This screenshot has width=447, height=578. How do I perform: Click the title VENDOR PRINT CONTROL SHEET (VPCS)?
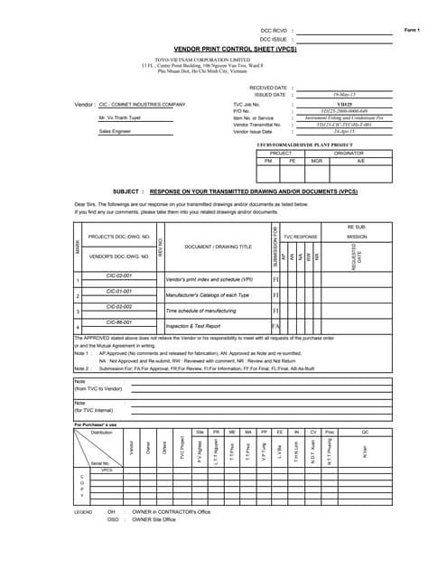pos(235,51)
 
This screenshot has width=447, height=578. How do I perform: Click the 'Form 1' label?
pos(412,31)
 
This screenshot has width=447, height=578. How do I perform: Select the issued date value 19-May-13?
pos(343,95)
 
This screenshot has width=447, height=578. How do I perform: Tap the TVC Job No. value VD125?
pos(343,105)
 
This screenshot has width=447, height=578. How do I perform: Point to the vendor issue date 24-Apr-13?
pos(343,132)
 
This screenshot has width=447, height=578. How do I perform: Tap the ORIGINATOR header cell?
pos(349,154)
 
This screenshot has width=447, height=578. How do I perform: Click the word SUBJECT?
pos(126,192)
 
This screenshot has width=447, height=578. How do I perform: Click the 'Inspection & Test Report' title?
pos(193,326)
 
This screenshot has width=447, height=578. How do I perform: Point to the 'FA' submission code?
pos(276,326)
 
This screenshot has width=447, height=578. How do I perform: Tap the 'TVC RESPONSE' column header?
pos(301,237)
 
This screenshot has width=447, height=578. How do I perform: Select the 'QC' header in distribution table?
pos(366,433)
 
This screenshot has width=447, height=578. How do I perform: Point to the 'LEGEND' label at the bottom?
pos(83,512)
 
